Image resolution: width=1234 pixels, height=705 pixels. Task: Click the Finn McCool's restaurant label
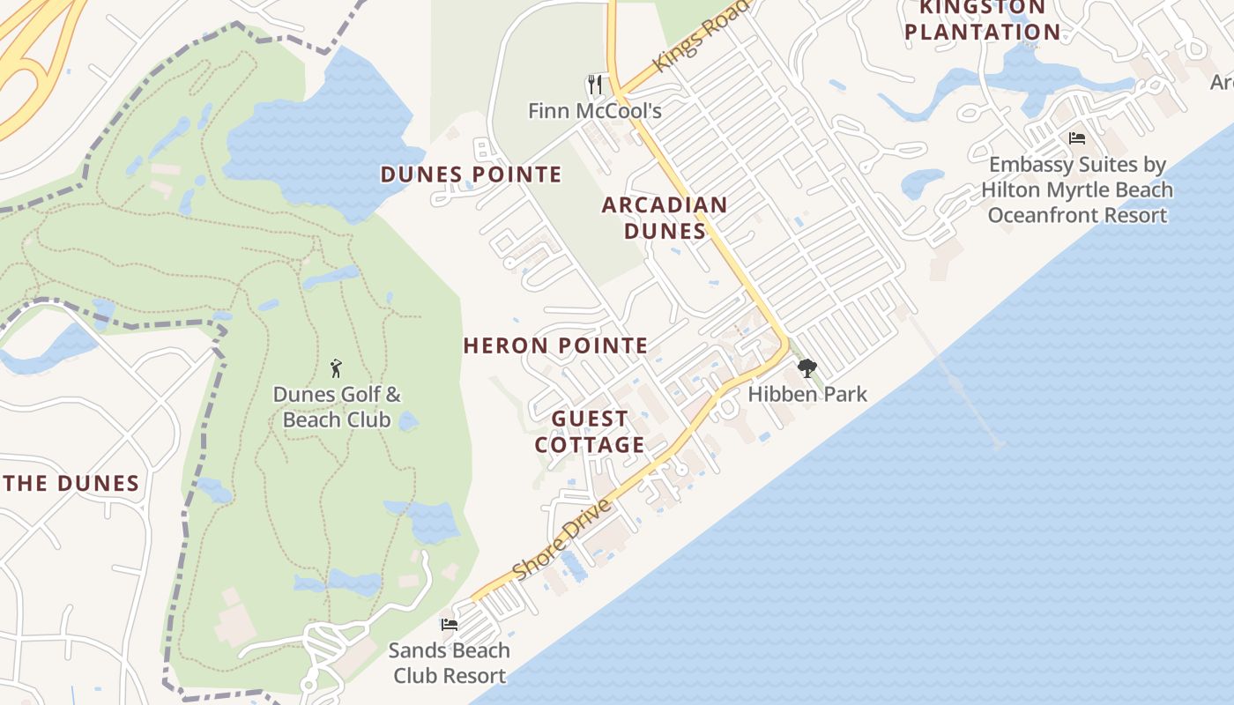coord(594,111)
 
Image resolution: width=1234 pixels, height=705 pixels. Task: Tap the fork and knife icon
coord(595,85)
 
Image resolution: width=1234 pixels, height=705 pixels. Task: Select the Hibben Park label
coord(807,394)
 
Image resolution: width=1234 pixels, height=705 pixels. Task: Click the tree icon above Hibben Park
coord(806,368)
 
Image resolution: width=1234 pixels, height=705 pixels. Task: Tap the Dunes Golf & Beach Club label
coord(336,406)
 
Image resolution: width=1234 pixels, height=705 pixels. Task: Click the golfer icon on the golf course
coord(335,368)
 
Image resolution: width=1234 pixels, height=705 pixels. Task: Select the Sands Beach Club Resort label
coord(450,663)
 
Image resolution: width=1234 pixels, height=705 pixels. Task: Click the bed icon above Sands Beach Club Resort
coord(450,625)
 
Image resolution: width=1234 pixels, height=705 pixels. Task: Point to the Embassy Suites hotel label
coord(1077,189)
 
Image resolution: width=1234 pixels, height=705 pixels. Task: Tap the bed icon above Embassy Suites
coord(1076,138)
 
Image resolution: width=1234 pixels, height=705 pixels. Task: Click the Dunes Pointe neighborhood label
coord(471,174)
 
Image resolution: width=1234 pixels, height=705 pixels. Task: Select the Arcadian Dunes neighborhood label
coord(665,218)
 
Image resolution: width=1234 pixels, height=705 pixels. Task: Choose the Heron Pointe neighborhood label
coord(555,345)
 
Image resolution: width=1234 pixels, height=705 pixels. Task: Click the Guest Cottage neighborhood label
coord(590,431)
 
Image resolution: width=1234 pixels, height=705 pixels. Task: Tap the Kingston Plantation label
coord(982,19)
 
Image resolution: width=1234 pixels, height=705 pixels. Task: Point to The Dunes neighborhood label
coord(71,483)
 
